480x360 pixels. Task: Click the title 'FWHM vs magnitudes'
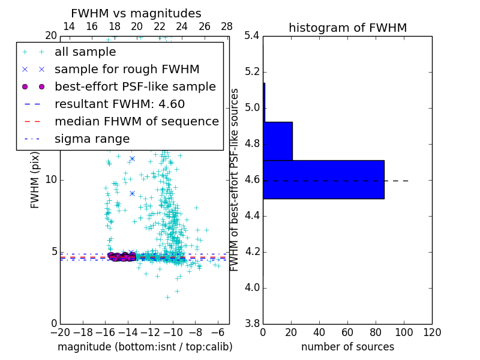[x=136, y=13]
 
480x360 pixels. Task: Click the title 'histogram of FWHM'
[x=347, y=28]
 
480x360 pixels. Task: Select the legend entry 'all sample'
[x=85, y=52]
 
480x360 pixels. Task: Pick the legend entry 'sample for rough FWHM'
[x=127, y=69]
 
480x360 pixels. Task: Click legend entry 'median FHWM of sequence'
[x=136, y=121]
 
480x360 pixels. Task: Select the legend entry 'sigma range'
[x=92, y=139]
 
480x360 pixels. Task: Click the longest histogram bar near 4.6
[x=323, y=179]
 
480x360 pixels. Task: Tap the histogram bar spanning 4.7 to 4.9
[x=278, y=141]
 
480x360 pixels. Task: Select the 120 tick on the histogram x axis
[x=432, y=332]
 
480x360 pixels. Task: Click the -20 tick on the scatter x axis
[x=60, y=332]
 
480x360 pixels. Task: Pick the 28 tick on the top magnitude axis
[x=227, y=26]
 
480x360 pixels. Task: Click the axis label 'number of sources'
[x=347, y=347]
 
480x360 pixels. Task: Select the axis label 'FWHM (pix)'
[x=35, y=179]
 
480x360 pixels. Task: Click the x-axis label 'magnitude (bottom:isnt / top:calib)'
[x=145, y=347]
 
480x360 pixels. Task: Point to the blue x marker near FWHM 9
[x=132, y=193]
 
